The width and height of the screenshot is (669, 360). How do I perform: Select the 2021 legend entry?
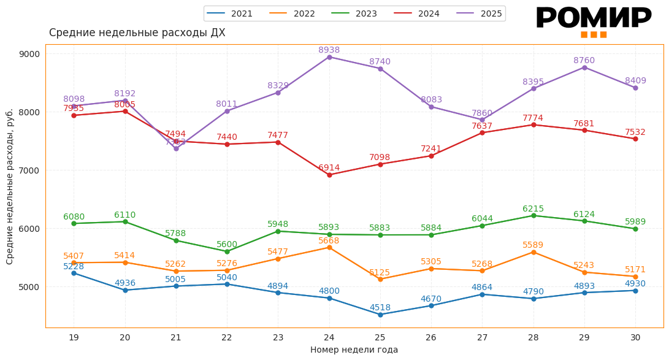(230, 13)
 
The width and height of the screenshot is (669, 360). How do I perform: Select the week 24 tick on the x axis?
(329, 337)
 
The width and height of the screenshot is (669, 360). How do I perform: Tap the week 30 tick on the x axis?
(635, 337)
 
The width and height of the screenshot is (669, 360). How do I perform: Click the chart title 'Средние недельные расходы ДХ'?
(137, 33)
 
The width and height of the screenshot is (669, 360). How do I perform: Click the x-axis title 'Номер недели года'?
(354, 350)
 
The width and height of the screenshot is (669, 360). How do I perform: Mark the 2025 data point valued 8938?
(329, 57)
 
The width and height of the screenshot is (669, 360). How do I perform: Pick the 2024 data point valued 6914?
(329, 175)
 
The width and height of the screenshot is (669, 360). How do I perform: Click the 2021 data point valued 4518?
(380, 315)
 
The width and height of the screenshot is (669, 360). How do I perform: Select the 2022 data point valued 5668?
(329, 247)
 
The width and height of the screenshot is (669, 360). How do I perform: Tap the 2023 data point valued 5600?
(227, 251)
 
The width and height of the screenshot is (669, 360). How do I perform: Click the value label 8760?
(584, 61)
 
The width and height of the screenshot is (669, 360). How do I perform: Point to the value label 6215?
(533, 209)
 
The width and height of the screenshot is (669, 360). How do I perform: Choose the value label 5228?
(74, 267)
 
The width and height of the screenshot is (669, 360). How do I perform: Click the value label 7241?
(431, 149)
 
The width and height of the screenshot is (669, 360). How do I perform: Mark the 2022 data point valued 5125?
(380, 279)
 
